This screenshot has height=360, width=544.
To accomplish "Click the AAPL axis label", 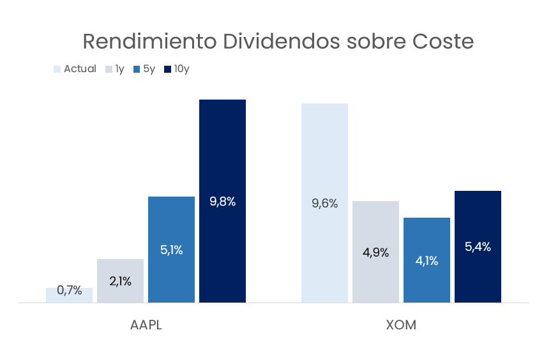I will pos(146,325).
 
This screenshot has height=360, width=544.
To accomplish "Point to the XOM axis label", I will pos(401,325).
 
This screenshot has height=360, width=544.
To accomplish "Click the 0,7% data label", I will pos(70,290).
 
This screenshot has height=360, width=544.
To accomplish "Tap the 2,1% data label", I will pos(121,281).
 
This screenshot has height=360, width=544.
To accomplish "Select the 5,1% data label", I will pos(172,250).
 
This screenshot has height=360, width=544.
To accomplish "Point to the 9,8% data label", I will pos(223,202).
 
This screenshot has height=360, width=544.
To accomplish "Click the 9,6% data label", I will pos(324,204).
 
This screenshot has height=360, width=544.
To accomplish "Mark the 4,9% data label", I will pos(375,252).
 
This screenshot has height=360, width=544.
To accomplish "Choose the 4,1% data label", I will pos(427,260).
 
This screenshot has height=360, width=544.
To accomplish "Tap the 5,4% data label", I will pos(478,247).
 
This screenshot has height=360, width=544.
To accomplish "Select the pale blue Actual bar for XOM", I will pos(324,153).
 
